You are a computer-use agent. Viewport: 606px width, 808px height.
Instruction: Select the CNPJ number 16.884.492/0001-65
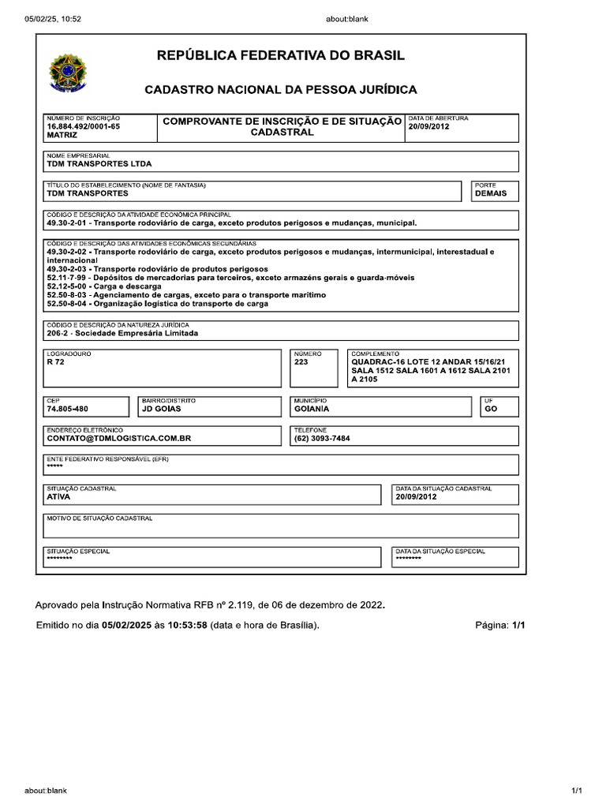(84, 126)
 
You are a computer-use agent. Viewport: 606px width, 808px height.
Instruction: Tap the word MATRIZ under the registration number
(62, 135)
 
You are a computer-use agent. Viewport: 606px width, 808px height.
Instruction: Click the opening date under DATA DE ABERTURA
(429, 126)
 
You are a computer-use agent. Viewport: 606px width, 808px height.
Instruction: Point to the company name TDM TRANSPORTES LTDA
(99, 164)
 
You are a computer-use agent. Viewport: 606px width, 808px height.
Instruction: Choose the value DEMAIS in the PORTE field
(490, 193)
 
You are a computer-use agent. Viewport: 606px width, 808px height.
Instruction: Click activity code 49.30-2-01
(67, 223)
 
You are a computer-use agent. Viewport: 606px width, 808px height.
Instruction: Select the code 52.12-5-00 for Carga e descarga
(67, 286)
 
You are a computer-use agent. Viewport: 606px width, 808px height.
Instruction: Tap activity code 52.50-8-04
(67, 304)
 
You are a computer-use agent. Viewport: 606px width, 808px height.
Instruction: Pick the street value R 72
(55, 362)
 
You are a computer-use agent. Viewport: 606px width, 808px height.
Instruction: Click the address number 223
(301, 362)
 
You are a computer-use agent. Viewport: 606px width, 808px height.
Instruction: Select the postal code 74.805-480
(68, 410)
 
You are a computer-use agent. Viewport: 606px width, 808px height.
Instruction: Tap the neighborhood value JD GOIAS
(161, 410)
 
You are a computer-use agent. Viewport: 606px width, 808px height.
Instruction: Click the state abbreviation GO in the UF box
(491, 410)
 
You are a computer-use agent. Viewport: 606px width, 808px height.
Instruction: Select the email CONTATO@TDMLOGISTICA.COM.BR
(119, 438)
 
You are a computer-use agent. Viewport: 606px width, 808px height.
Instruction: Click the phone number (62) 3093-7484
(321, 438)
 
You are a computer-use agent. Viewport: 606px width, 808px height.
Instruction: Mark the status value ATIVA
(58, 497)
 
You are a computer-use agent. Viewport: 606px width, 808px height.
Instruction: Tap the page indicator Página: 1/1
(499, 626)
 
